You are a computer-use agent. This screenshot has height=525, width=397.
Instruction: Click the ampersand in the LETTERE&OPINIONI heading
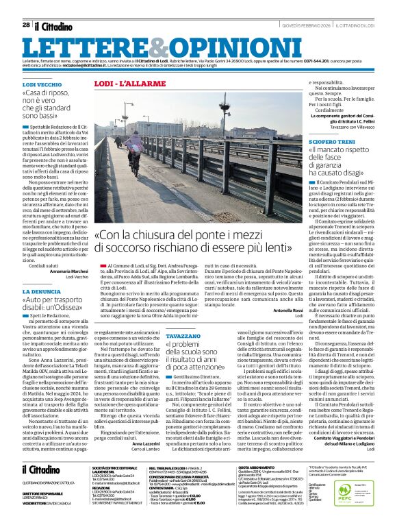tap(150, 47)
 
